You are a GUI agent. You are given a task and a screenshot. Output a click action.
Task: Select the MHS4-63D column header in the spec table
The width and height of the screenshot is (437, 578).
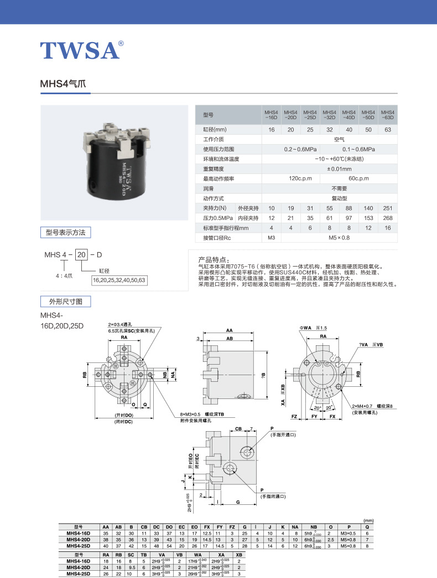(x=388, y=115)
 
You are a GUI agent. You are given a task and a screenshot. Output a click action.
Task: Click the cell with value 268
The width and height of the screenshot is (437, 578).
(x=388, y=218)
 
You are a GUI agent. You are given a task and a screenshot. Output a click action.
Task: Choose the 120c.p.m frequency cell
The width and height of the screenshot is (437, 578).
(x=301, y=178)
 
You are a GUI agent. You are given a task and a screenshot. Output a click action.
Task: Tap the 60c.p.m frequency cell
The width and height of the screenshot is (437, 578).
(x=358, y=178)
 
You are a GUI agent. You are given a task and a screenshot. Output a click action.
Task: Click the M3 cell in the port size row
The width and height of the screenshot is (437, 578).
(x=271, y=238)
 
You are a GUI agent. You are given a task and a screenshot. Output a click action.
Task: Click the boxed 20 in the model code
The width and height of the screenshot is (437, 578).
(x=82, y=255)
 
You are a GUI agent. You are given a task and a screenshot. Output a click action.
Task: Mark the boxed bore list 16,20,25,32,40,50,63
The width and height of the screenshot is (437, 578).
(x=119, y=280)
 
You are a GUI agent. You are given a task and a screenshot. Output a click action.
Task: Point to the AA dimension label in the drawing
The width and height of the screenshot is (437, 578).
(x=229, y=331)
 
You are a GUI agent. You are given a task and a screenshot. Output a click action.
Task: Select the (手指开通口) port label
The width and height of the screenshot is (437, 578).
(x=283, y=435)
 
